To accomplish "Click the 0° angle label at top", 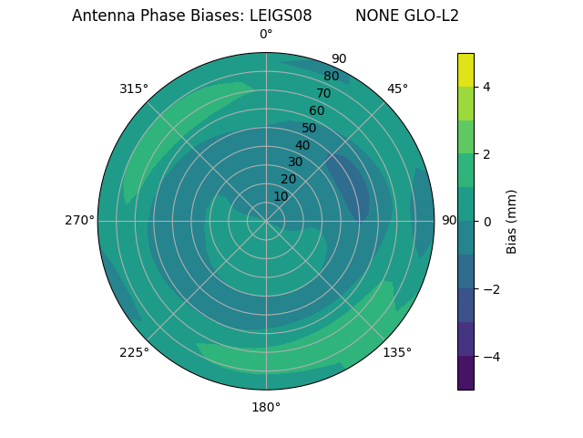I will [266, 35].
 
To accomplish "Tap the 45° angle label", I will [397, 89].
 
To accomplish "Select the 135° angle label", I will [397, 352].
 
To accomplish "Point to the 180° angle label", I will [266, 407].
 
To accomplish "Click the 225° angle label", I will [134, 352].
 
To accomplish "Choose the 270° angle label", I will [79, 221].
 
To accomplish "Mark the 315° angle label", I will [134, 89].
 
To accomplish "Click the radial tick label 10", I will [281, 197].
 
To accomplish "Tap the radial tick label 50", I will [309, 128].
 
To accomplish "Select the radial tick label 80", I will [331, 77].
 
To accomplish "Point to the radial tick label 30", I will [295, 162].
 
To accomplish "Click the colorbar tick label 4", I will [486, 87].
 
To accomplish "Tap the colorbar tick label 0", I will [486, 222].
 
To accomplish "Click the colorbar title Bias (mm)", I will [512, 222].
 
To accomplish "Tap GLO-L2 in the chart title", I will [436, 16].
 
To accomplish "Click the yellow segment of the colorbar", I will [465, 69].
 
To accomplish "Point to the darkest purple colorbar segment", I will [465, 373].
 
